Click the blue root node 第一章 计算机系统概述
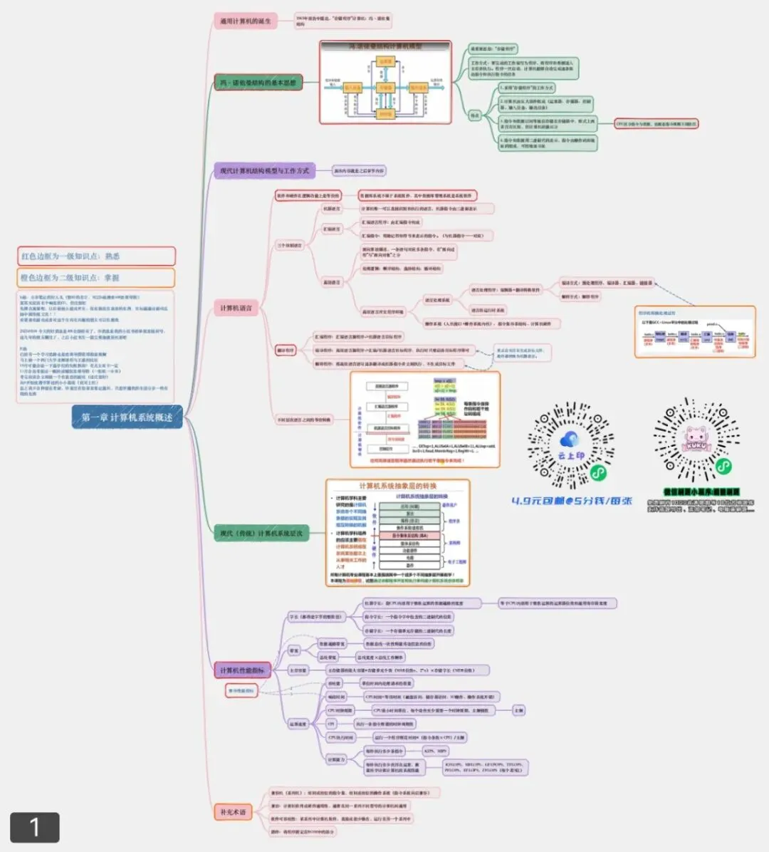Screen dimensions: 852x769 point(127,417)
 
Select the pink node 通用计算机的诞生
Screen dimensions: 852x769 point(246,21)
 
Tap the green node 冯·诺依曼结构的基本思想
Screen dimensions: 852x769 point(258,83)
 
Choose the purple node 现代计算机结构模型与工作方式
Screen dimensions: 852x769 point(264,171)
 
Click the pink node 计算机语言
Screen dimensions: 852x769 point(236,308)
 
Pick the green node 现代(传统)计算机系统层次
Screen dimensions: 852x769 point(261,533)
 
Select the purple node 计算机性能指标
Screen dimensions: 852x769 point(241,670)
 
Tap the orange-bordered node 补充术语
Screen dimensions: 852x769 point(233,812)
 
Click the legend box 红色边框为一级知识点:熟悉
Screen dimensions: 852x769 point(96,256)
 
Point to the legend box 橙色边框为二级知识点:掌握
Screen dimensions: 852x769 point(96,278)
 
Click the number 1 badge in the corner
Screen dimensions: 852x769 point(34,827)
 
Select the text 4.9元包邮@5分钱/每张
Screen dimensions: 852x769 point(572,501)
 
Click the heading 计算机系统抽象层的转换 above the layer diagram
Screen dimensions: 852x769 point(398,486)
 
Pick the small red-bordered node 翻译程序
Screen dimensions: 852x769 point(286,350)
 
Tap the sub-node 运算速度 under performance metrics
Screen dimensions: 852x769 point(298,724)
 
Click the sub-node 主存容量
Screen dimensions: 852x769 point(298,670)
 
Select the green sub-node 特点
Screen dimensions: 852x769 point(475,115)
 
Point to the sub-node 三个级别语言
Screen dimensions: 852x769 point(290,245)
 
